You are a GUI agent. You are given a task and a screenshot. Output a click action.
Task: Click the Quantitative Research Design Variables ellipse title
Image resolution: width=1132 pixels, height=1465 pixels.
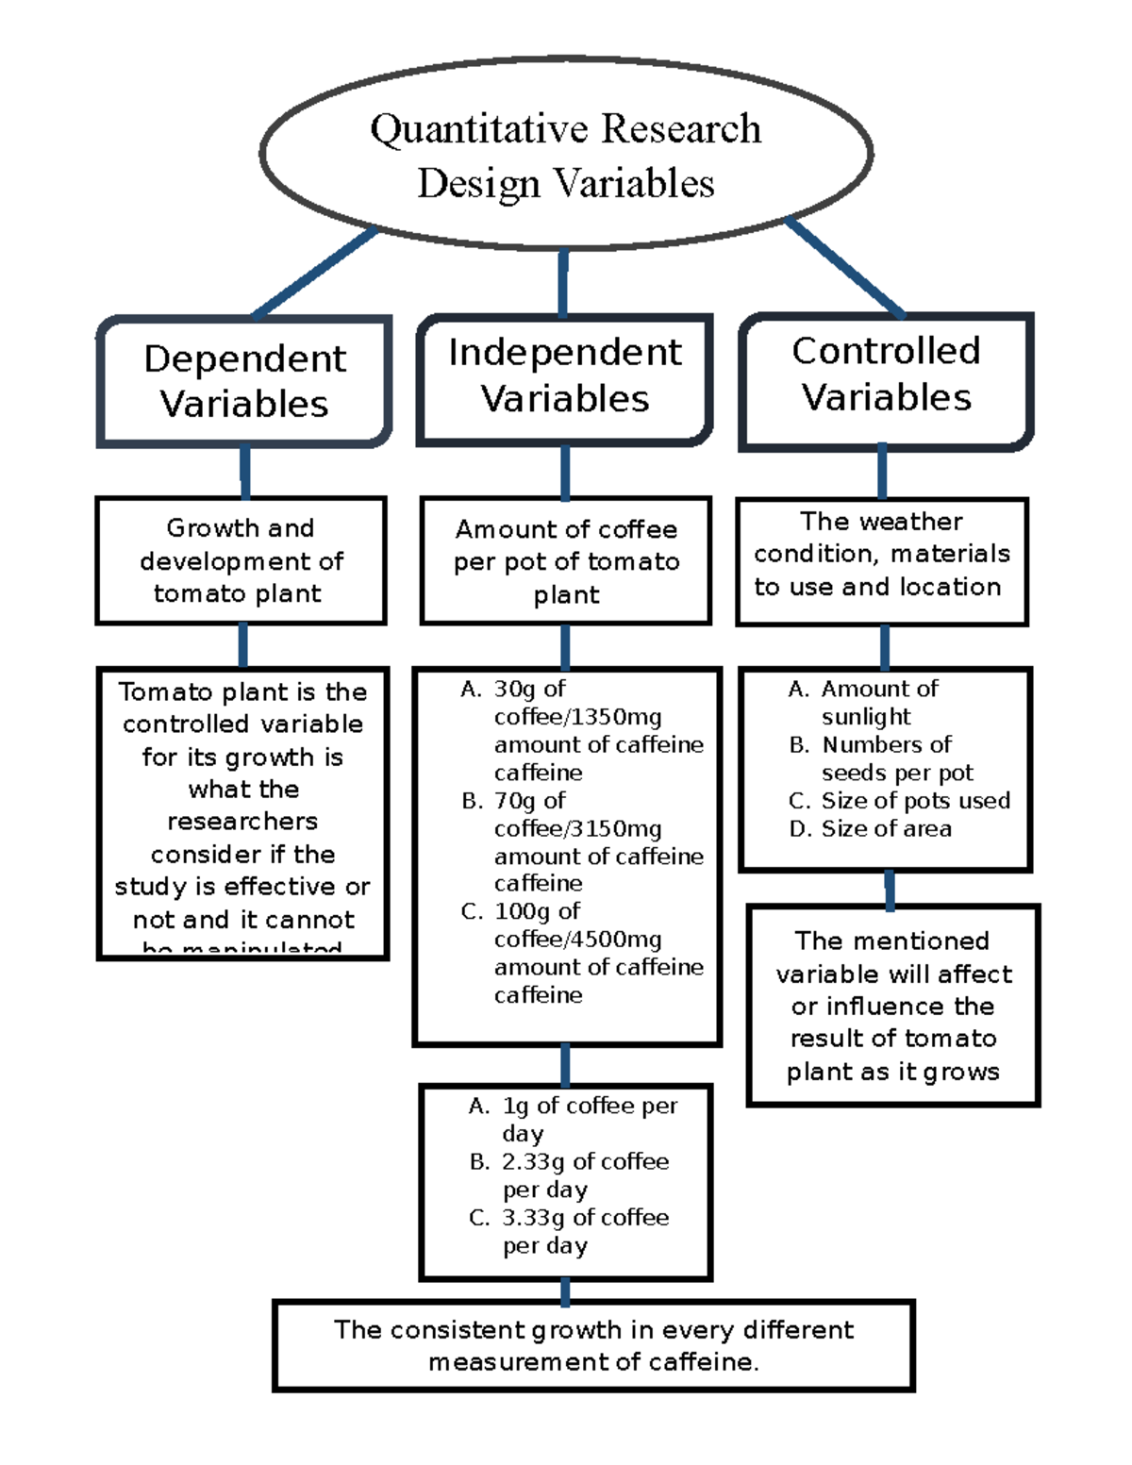click(565, 155)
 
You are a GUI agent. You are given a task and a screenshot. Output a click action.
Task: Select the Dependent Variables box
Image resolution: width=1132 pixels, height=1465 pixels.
click(244, 381)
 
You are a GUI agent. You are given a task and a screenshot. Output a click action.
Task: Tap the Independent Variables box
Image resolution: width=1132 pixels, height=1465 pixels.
click(564, 376)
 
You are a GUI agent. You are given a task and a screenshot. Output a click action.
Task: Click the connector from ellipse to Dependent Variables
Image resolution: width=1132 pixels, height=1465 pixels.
click(314, 274)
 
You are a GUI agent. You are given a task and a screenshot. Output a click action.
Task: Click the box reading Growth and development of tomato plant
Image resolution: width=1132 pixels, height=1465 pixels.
click(241, 560)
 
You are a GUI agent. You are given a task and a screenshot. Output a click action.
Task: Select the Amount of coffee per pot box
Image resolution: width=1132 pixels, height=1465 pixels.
click(566, 561)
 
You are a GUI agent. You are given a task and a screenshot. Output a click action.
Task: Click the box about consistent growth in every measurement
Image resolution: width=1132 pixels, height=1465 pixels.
click(593, 1346)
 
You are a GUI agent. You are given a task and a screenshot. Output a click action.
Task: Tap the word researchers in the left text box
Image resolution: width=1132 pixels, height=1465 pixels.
click(242, 822)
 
